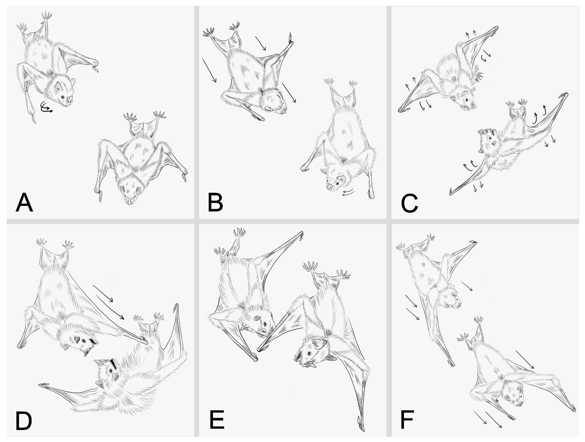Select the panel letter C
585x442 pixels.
[409, 203]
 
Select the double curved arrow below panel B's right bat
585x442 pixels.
[348, 193]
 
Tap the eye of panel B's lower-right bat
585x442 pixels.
[337, 183]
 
